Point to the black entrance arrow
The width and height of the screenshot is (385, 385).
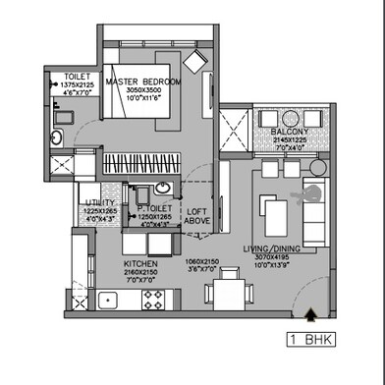(x=311, y=315)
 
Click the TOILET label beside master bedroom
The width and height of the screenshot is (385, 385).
(x=77, y=77)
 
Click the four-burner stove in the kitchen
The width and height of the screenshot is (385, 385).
(x=154, y=301)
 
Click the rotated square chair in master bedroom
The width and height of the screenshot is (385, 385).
(x=196, y=61)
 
